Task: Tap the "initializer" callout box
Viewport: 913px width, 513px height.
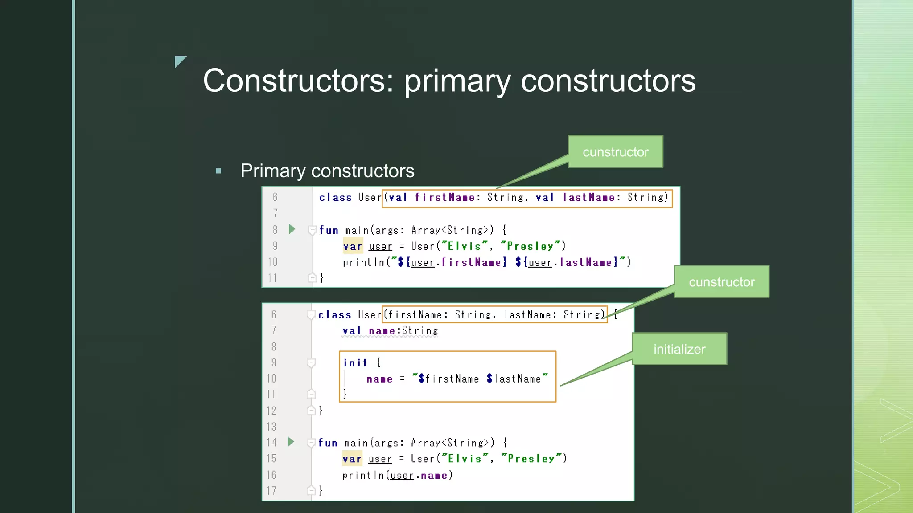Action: tap(679, 349)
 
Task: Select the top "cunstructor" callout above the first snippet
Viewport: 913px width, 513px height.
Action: tap(615, 152)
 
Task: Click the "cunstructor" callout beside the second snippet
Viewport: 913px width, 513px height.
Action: tap(721, 282)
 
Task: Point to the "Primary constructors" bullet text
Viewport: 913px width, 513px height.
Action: tap(327, 171)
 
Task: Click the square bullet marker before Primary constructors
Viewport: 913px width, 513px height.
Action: tap(218, 171)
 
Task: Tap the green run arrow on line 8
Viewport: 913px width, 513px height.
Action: tap(292, 229)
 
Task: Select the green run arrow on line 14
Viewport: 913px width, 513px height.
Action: tap(291, 442)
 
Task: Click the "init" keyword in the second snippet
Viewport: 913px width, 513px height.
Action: tap(355, 363)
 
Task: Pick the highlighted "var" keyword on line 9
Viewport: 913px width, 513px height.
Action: tap(352, 246)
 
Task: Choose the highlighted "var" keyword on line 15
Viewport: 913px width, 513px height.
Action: tap(352, 459)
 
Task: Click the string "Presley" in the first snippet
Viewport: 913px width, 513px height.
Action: tap(530, 246)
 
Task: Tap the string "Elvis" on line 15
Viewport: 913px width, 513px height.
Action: tap(465, 459)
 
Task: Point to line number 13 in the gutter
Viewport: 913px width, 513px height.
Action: tap(271, 427)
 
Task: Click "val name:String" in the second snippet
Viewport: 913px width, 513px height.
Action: tap(390, 331)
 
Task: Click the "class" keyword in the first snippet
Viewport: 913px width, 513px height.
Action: tap(335, 197)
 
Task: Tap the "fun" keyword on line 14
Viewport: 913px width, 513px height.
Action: tap(328, 443)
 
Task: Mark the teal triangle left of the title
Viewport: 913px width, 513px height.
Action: tap(180, 61)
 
